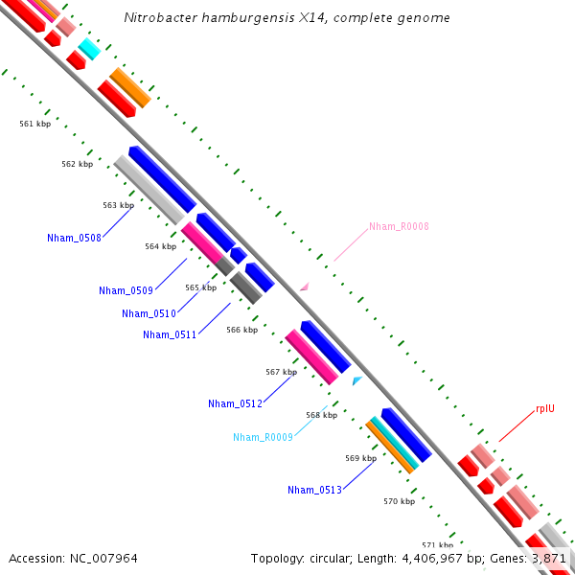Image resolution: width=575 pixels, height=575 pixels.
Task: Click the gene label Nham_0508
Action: (x=74, y=238)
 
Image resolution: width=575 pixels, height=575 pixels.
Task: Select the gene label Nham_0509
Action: (x=126, y=290)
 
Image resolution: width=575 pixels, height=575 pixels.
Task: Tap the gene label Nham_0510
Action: (x=149, y=313)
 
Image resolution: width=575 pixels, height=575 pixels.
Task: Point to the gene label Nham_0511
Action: (x=170, y=334)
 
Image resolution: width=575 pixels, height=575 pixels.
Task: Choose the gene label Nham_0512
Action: (x=235, y=403)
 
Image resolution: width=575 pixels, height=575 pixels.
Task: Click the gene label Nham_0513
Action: (x=314, y=490)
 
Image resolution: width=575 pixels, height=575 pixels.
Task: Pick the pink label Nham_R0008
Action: (x=399, y=227)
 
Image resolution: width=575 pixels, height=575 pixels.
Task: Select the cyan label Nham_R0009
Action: (x=263, y=437)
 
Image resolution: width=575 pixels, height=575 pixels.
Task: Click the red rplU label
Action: (x=545, y=408)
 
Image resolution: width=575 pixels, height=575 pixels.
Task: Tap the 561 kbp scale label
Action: (x=35, y=124)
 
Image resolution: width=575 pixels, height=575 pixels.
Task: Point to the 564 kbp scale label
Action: (x=161, y=246)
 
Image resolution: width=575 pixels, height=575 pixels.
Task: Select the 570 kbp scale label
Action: (x=399, y=501)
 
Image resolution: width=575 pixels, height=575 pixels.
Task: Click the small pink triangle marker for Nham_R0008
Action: (x=304, y=287)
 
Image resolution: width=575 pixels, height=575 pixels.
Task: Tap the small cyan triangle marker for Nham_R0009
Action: (x=356, y=381)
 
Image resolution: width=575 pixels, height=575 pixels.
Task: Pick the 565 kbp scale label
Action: (x=201, y=287)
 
